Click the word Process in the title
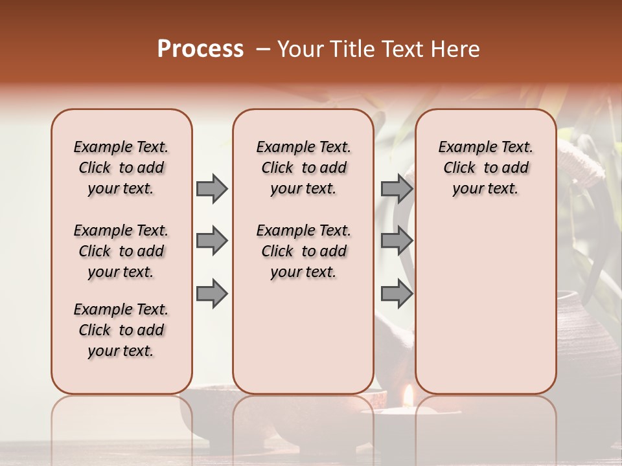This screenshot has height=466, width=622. pos(200,49)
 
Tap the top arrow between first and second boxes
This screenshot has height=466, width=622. pos(212,188)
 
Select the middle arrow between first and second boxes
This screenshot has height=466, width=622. pos(212,241)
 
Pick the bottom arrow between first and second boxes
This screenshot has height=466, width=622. pos(212,294)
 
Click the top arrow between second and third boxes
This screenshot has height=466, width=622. pos(397,188)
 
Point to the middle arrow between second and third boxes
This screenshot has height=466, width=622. pos(397,241)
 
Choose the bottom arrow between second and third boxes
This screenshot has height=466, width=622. pos(397,294)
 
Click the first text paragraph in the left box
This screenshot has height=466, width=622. pos(121,168)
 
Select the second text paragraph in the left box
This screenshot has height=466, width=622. pos(121,251)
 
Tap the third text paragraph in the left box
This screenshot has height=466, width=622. pos(121,330)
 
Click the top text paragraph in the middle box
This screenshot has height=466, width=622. pos(304,168)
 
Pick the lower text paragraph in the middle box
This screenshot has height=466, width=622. pos(304,251)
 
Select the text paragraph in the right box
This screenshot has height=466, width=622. pos(486,168)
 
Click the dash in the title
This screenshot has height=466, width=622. pos(262,49)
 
